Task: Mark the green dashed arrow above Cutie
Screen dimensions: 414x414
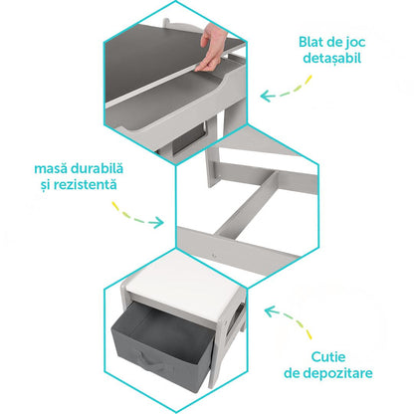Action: [x=289, y=321]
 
